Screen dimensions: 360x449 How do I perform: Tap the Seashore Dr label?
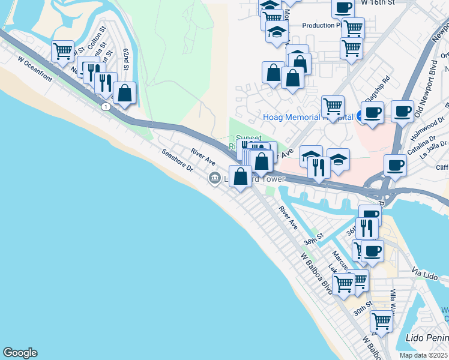click(176, 160)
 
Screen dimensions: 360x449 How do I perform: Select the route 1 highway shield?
click(106, 106)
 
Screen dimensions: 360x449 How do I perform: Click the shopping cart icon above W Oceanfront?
click(62, 51)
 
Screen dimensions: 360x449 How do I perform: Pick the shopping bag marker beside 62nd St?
click(124, 93)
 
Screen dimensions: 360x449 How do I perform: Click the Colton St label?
click(97, 37)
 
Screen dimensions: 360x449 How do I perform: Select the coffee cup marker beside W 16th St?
click(343, 8)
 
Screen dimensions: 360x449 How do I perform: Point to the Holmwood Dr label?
click(423, 133)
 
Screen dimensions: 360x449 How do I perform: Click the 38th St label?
click(313, 239)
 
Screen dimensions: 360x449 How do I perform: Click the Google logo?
click(20, 353)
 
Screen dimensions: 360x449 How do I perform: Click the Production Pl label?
click(322, 25)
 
